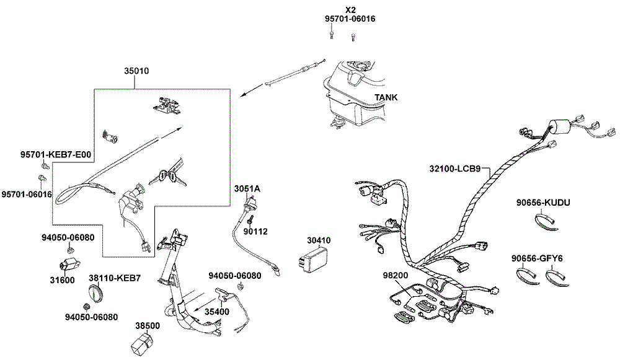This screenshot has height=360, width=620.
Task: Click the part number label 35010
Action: click(136, 71)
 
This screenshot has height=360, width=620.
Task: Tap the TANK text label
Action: click(386, 97)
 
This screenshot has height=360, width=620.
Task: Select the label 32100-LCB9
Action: click(454, 169)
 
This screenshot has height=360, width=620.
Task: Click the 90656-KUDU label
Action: click(543, 203)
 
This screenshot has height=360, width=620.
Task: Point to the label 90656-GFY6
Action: click(536, 258)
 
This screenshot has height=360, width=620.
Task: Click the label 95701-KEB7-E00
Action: click(56, 154)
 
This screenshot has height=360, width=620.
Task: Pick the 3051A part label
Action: click(247, 189)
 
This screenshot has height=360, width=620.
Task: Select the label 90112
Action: click(255, 232)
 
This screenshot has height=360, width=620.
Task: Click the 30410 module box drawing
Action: click(312, 260)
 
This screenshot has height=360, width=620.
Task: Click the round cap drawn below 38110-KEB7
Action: click(95, 294)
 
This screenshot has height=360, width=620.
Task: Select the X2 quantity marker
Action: click(350, 10)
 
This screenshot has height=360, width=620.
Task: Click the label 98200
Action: click(395, 276)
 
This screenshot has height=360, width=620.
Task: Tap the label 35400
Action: click(216, 312)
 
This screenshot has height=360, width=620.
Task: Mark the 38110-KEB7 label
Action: click(114, 278)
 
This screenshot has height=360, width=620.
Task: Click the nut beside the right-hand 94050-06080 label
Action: click(239, 286)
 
